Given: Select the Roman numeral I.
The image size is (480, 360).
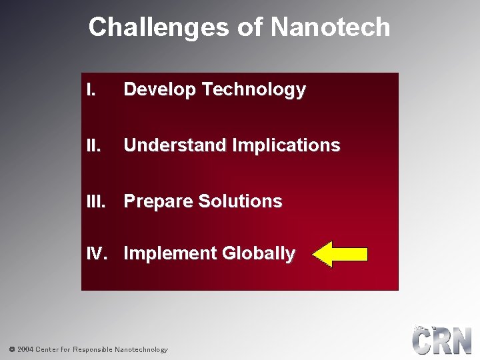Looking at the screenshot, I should (90, 89).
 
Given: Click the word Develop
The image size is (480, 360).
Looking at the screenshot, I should (159, 89).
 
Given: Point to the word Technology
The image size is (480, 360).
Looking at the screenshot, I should (253, 89).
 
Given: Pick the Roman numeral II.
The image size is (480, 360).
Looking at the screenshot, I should (93, 145).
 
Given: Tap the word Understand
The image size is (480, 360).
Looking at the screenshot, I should (174, 145).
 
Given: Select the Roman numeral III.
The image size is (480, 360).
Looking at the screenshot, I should (95, 201).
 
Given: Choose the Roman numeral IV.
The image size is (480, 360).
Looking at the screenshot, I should (97, 254).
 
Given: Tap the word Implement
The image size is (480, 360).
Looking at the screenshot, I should (170, 254).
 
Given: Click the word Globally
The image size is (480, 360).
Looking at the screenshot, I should (258, 254).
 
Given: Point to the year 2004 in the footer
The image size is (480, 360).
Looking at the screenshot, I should (25, 349).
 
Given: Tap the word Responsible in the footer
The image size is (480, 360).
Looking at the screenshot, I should (93, 349).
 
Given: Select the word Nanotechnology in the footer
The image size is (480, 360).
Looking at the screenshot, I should (141, 349).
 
